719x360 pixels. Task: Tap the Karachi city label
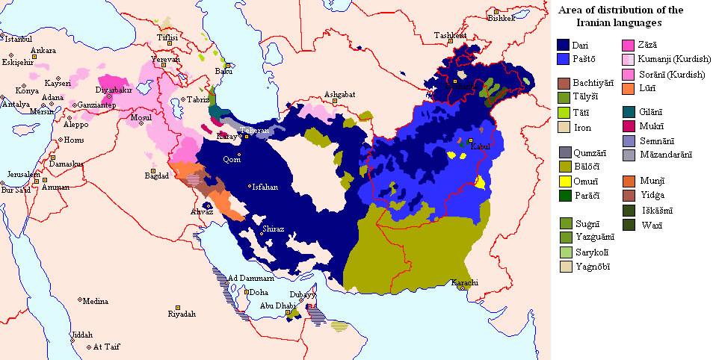tap(464, 282)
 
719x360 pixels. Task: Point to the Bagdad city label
tap(157, 176)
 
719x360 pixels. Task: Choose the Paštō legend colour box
tap(564, 59)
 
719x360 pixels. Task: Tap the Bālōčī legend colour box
tap(564, 166)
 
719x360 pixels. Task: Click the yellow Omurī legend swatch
tap(564, 180)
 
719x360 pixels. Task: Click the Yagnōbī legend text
tap(591, 267)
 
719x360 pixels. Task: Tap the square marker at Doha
tap(247, 292)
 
